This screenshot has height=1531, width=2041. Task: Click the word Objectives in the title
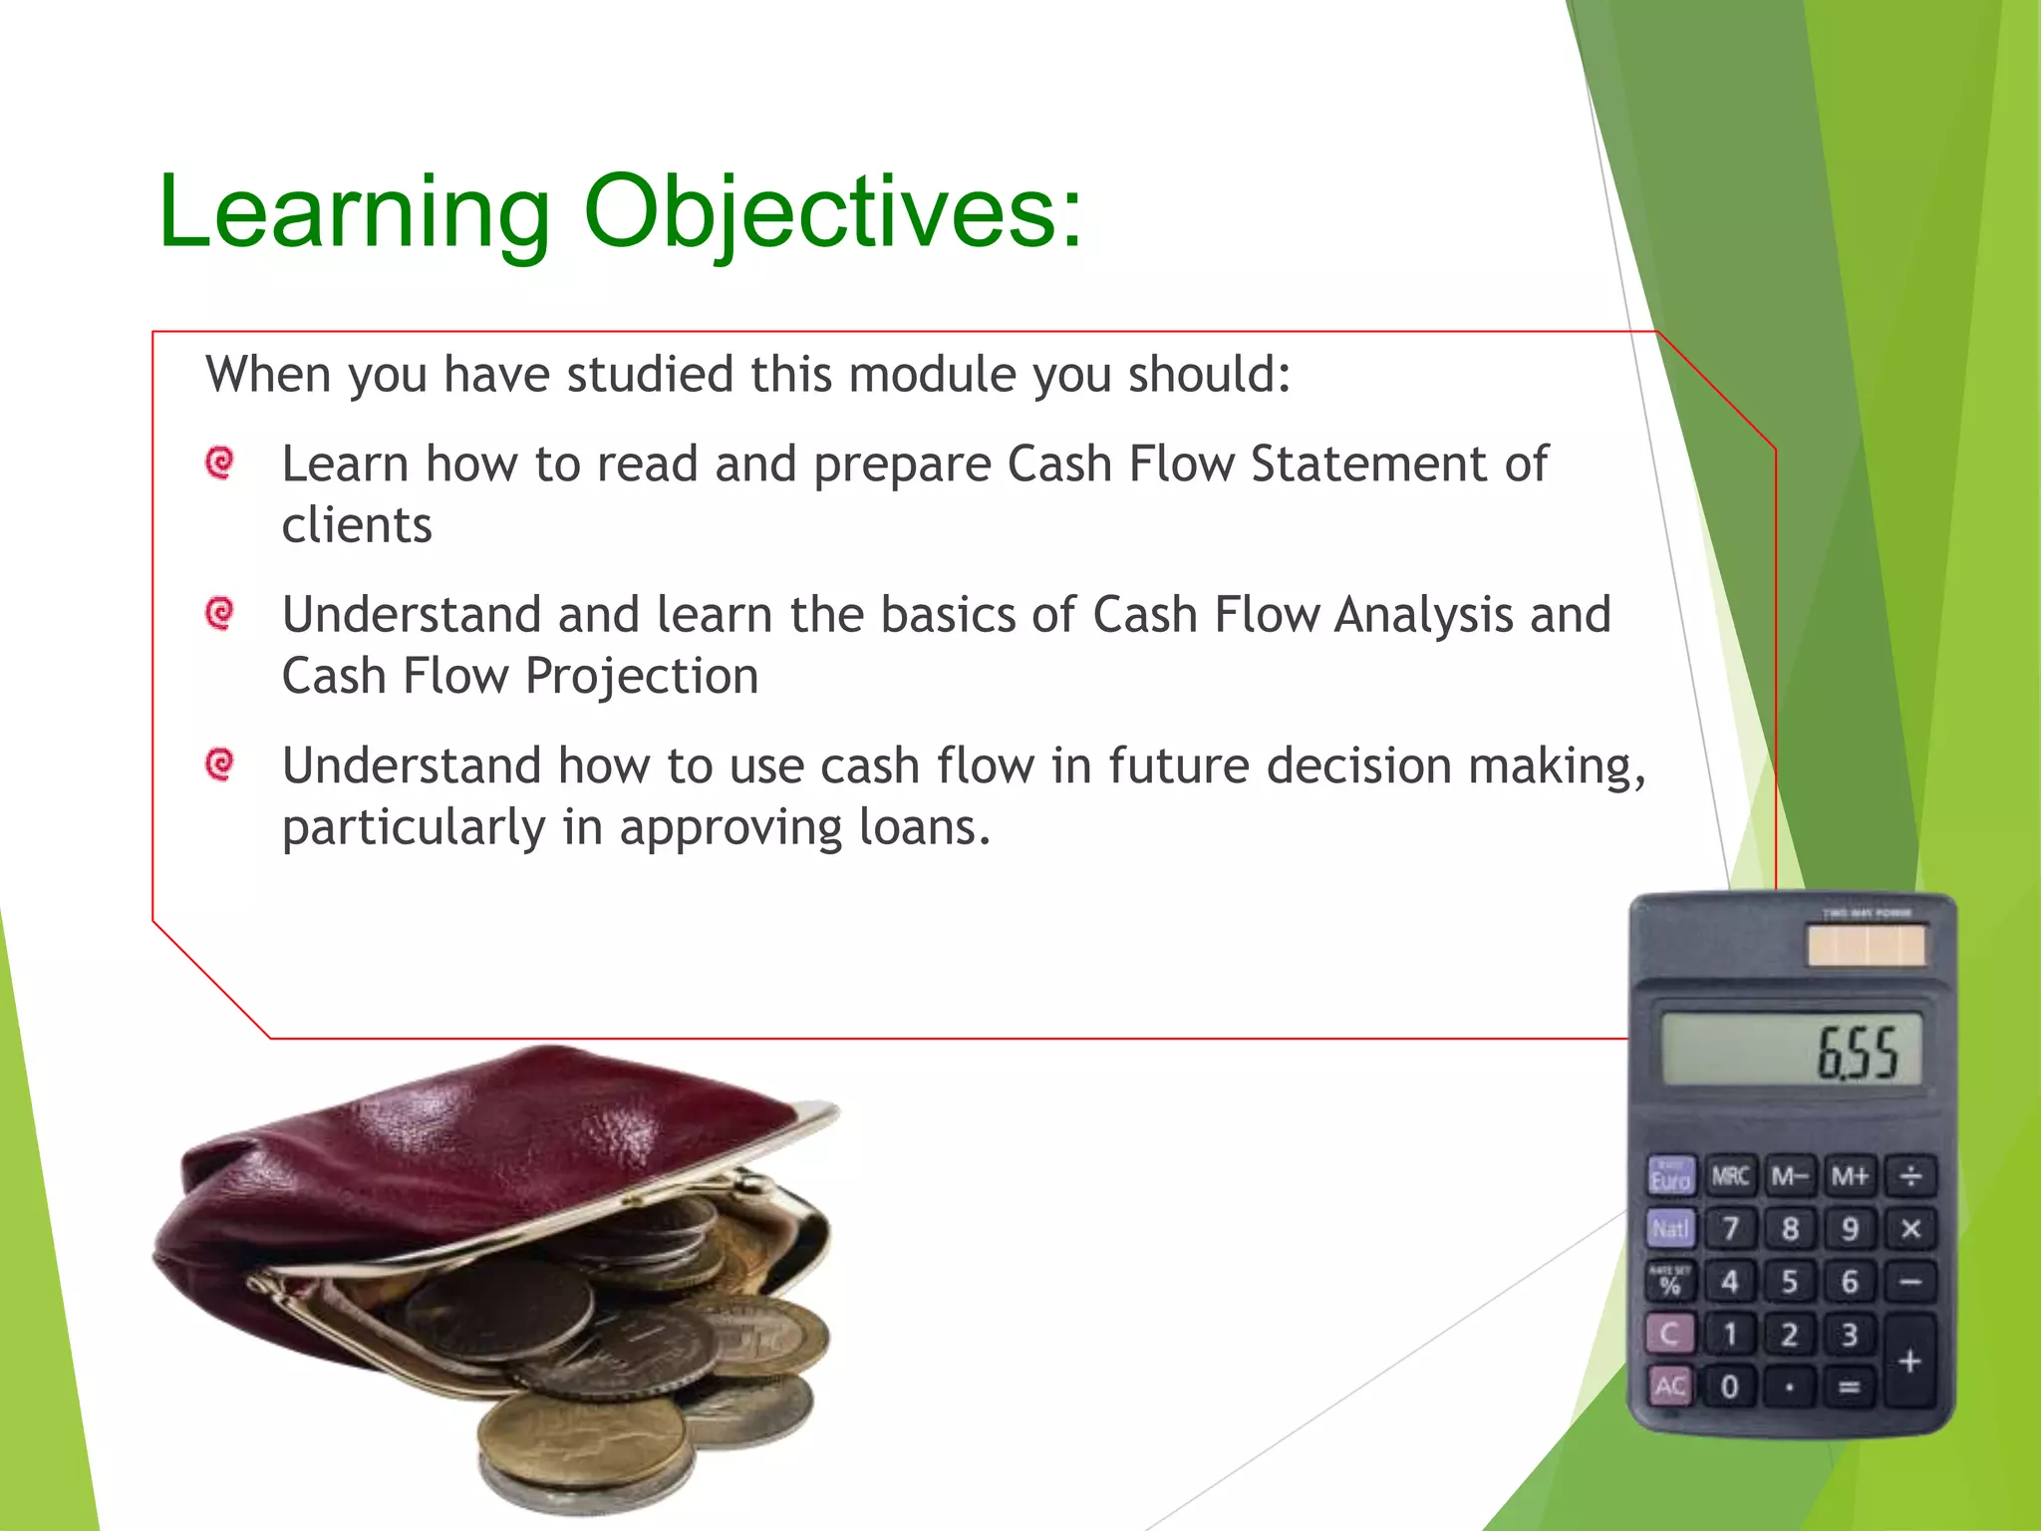[831, 211]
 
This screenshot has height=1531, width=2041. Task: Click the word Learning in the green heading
[354, 211]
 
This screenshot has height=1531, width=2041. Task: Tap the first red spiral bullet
[219, 462]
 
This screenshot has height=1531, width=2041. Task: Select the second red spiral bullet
[219, 613]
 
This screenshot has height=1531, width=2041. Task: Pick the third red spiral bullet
[219, 765]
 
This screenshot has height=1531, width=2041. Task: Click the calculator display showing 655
[1791, 1050]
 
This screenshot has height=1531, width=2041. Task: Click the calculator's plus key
[1909, 1361]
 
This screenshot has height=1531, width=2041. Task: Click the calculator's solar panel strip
[1866, 946]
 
